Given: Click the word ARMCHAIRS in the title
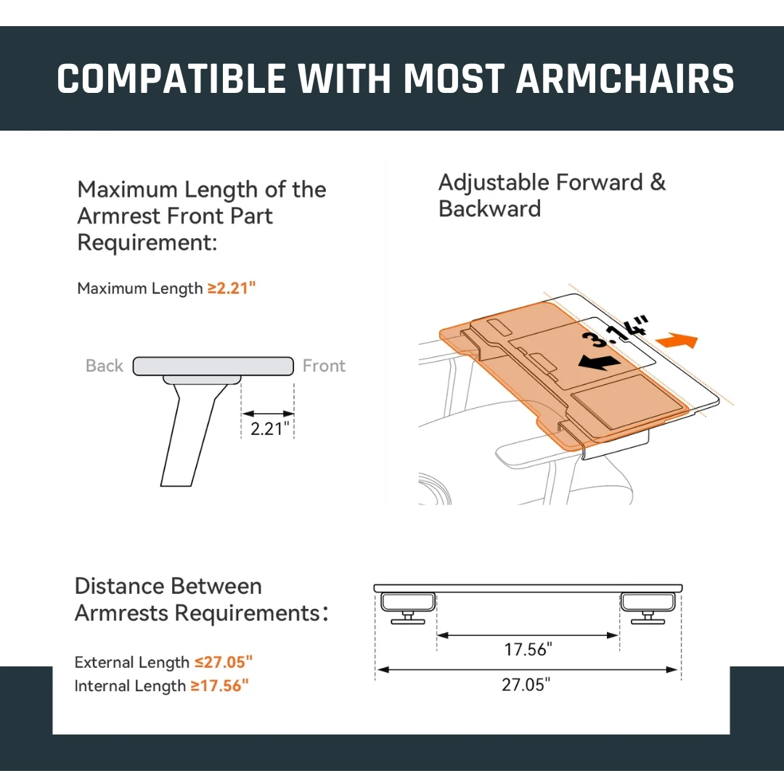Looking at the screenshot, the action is (x=624, y=78).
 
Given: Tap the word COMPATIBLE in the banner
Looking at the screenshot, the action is (x=171, y=78).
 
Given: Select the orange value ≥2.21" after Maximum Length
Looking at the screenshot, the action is (x=232, y=288).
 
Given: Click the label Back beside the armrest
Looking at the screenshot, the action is (x=104, y=365).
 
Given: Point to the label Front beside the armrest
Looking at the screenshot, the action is (x=324, y=365).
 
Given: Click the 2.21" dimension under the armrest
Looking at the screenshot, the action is (x=269, y=428).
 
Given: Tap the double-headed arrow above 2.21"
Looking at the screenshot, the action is (x=268, y=414).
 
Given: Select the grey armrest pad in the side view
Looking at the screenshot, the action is (x=213, y=366).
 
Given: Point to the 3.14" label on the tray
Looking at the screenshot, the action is (x=615, y=331).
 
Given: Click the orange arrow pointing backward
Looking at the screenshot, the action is (x=677, y=340).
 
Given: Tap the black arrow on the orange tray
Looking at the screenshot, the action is (x=600, y=362).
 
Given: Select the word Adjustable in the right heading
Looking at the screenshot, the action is (x=494, y=182).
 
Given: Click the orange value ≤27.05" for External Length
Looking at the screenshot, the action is (x=224, y=662).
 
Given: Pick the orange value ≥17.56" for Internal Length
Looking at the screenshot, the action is (x=219, y=685).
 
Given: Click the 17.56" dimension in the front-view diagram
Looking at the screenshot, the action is (x=528, y=650).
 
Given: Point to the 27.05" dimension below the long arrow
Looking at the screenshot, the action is (x=526, y=685).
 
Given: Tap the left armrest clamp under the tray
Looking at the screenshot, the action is (x=408, y=608).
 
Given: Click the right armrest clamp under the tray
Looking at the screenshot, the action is (x=648, y=608).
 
